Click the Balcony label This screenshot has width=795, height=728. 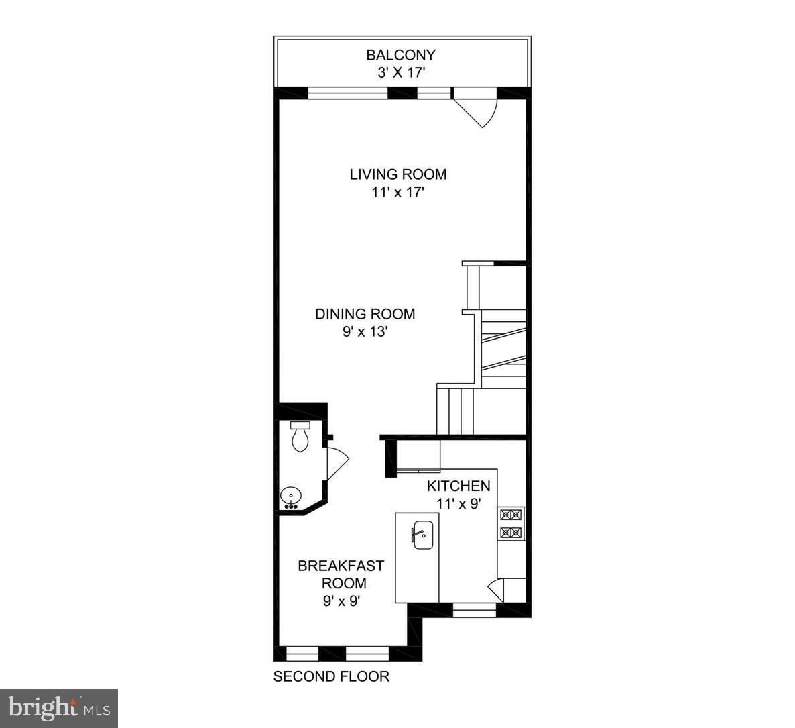[400, 55]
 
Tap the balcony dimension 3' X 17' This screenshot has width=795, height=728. [400, 72]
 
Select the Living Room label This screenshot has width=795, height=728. [398, 174]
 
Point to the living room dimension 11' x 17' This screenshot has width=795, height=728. [398, 192]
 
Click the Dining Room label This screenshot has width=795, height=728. [365, 314]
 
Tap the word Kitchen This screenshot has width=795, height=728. [459, 486]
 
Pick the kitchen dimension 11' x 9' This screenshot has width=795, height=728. [459, 503]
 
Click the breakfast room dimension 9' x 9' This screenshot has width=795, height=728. [342, 601]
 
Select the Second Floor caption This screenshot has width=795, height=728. [331, 676]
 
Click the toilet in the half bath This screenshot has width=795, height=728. [299, 436]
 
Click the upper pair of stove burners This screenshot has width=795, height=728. [511, 515]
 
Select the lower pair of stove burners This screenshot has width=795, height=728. [511, 533]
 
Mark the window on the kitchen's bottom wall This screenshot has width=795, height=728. [474, 610]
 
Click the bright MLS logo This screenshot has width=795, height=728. [59, 708]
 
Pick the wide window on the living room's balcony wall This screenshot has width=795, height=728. [347, 93]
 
